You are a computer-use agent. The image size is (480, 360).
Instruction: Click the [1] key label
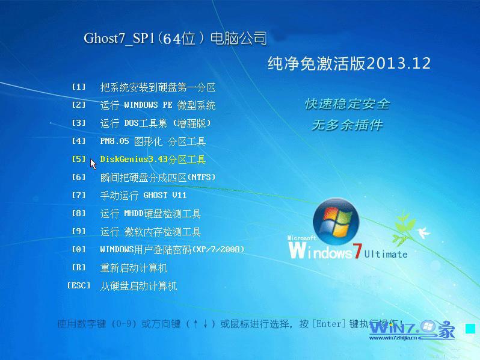click(79, 87)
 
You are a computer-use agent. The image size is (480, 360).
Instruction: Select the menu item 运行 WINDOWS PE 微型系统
click(158, 105)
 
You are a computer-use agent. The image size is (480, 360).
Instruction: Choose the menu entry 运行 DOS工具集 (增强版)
click(155, 123)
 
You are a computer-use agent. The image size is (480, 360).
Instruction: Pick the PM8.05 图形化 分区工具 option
click(153, 141)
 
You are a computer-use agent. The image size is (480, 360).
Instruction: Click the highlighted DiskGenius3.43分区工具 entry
click(153, 160)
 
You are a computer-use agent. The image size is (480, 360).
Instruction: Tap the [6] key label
click(79, 177)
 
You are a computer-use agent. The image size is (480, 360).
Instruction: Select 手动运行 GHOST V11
click(143, 196)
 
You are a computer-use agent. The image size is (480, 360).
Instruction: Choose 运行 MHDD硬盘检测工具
click(150, 214)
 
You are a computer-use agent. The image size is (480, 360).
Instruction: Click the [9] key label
click(79, 231)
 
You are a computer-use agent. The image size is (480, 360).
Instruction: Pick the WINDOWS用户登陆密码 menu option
click(172, 249)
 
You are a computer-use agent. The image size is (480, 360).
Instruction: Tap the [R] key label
click(79, 267)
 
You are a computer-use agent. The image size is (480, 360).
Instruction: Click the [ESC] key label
click(79, 285)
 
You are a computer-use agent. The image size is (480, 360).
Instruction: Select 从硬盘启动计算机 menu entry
click(138, 286)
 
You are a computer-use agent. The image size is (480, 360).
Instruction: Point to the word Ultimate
click(386, 254)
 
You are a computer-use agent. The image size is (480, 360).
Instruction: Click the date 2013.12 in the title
click(399, 64)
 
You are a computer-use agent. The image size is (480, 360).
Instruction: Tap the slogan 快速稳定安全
click(347, 104)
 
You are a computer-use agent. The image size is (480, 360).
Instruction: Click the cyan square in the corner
click(470, 329)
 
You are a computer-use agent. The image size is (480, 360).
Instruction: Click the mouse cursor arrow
click(93, 163)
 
